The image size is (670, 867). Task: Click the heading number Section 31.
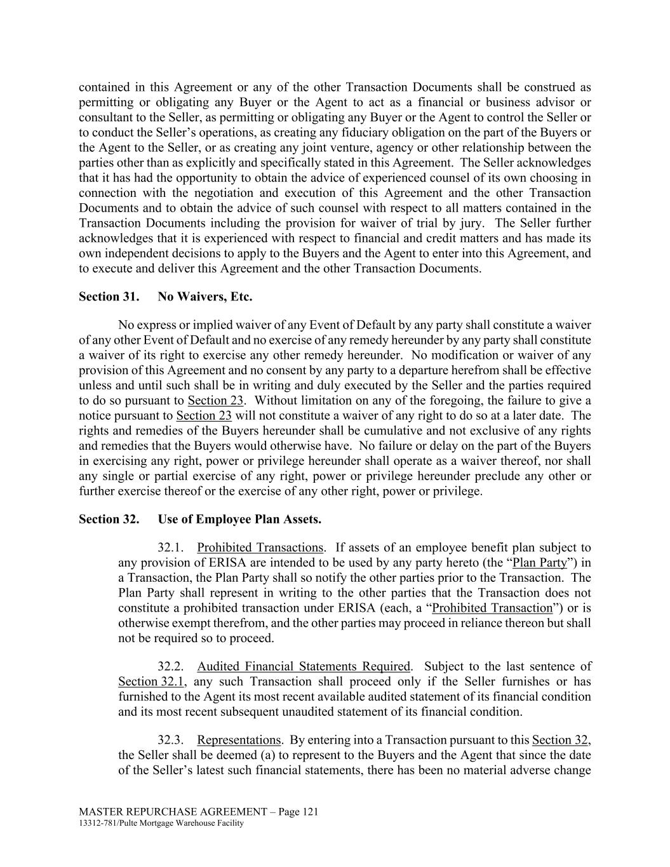[109, 297]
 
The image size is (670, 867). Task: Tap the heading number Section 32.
[109, 519]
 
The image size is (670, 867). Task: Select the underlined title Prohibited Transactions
[260, 548]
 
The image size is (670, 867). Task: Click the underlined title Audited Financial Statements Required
[304, 666]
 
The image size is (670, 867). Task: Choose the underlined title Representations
[238, 740]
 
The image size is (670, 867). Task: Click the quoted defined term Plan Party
[539, 563]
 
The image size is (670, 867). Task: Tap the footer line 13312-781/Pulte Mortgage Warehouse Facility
[161, 823]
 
